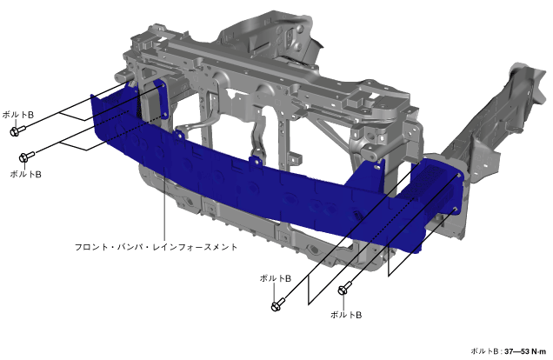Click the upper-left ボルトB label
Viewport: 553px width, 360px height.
[x=18, y=115]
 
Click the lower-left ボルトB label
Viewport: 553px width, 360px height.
[x=25, y=174]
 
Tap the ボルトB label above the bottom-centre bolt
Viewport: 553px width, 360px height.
[x=276, y=278]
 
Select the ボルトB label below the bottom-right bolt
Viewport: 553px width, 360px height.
[x=346, y=315]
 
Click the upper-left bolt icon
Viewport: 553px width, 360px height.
[x=17, y=130]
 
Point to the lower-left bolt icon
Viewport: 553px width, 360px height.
[x=27, y=157]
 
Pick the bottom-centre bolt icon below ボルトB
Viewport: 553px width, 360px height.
[x=278, y=304]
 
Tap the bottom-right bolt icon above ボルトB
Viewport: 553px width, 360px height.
[x=344, y=288]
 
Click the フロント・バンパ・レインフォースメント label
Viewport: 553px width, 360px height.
[x=156, y=247]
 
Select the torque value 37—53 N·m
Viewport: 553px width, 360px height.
[x=525, y=351]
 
